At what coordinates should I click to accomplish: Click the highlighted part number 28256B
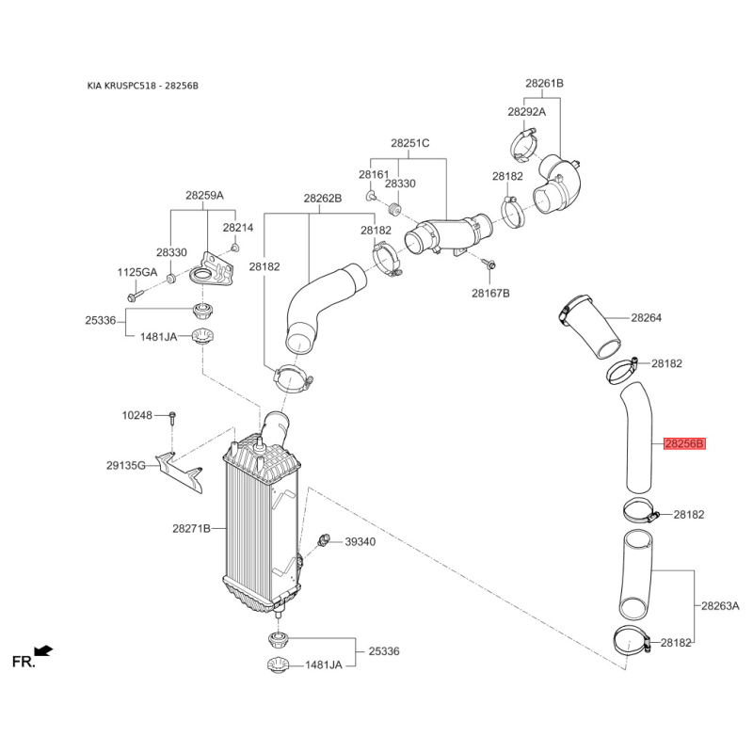[684, 443]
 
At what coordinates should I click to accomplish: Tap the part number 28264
[647, 318]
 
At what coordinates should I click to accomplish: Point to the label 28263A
[721, 606]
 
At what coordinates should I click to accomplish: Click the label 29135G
[126, 465]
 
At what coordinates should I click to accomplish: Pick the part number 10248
[136, 414]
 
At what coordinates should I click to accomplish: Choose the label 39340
[360, 542]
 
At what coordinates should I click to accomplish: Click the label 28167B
[490, 293]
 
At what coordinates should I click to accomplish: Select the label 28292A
[527, 111]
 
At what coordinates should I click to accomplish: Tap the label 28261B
[544, 84]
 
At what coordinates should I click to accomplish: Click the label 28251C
[410, 143]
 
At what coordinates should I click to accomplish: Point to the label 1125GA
[137, 272]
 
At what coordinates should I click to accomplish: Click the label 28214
[238, 228]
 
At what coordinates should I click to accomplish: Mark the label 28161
[374, 175]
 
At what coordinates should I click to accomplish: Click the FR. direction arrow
[42, 649]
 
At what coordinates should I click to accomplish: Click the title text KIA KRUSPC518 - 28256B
[142, 86]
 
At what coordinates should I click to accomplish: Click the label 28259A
[204, 196]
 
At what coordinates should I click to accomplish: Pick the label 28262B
[322, 199]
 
